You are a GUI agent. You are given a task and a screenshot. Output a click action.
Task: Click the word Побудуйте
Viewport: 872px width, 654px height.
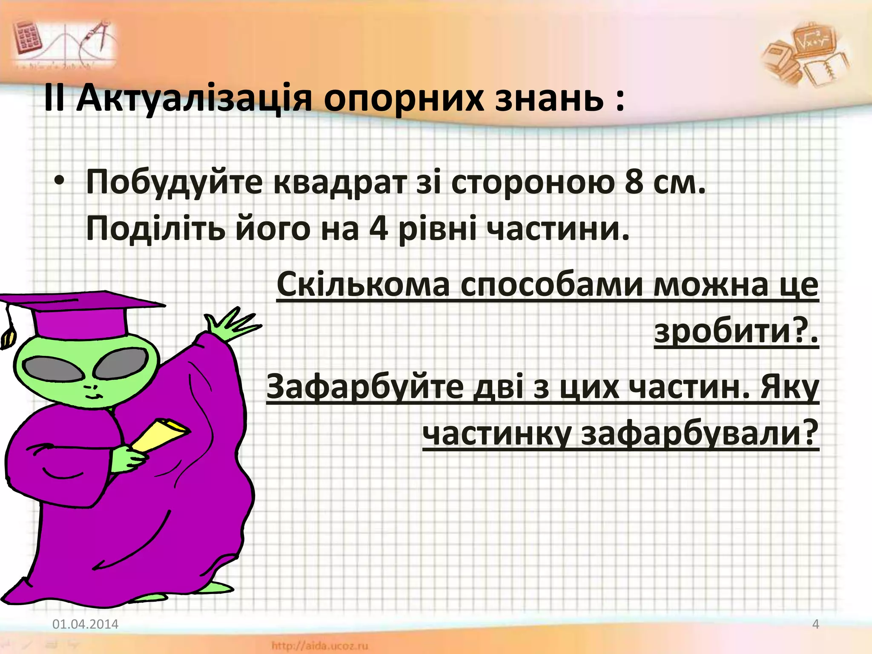pos(174,182)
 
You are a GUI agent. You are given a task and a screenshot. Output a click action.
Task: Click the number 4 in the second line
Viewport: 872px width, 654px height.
pos(379,229)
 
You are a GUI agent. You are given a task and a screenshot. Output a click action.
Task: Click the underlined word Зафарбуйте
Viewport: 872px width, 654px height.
pos(364,387)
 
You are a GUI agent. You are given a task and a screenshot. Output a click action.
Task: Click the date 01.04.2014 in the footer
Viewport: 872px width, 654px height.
pos(85,624)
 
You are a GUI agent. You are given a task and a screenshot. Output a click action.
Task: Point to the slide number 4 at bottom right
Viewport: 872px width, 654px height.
pos(815,624)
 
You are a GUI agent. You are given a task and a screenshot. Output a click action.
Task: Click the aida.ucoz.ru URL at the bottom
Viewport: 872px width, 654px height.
pos(319,646)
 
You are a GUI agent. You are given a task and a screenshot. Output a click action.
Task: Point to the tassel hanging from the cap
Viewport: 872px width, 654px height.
pos(8,332)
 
